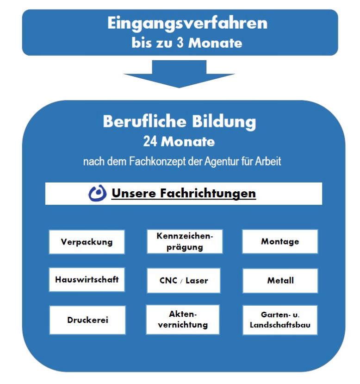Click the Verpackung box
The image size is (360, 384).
(x=87, y=242)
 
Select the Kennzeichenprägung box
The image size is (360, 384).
(x=185, y=241)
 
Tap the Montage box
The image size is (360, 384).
(x=280, y=241)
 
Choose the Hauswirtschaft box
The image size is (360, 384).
(x=87, y=279)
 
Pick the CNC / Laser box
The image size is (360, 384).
(x=184, y=280)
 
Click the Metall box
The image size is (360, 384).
(x=280, y=281)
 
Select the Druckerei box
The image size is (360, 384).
(x=87, y=320)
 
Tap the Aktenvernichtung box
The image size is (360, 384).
(x=183, y=319)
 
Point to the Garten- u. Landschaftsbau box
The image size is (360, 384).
(x=280, y=320)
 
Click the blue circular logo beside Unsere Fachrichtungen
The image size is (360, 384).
(x=97, y=193)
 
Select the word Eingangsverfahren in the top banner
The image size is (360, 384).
(x=187, y=23)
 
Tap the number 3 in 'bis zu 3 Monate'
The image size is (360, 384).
(x=180, y=43)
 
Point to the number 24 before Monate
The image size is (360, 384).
(x=150, y=141)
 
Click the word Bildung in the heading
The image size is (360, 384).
(x=224, y=121)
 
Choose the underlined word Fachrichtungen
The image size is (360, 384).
(x=208, y=193)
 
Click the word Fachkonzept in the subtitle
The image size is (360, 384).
(x=157, y=161)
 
